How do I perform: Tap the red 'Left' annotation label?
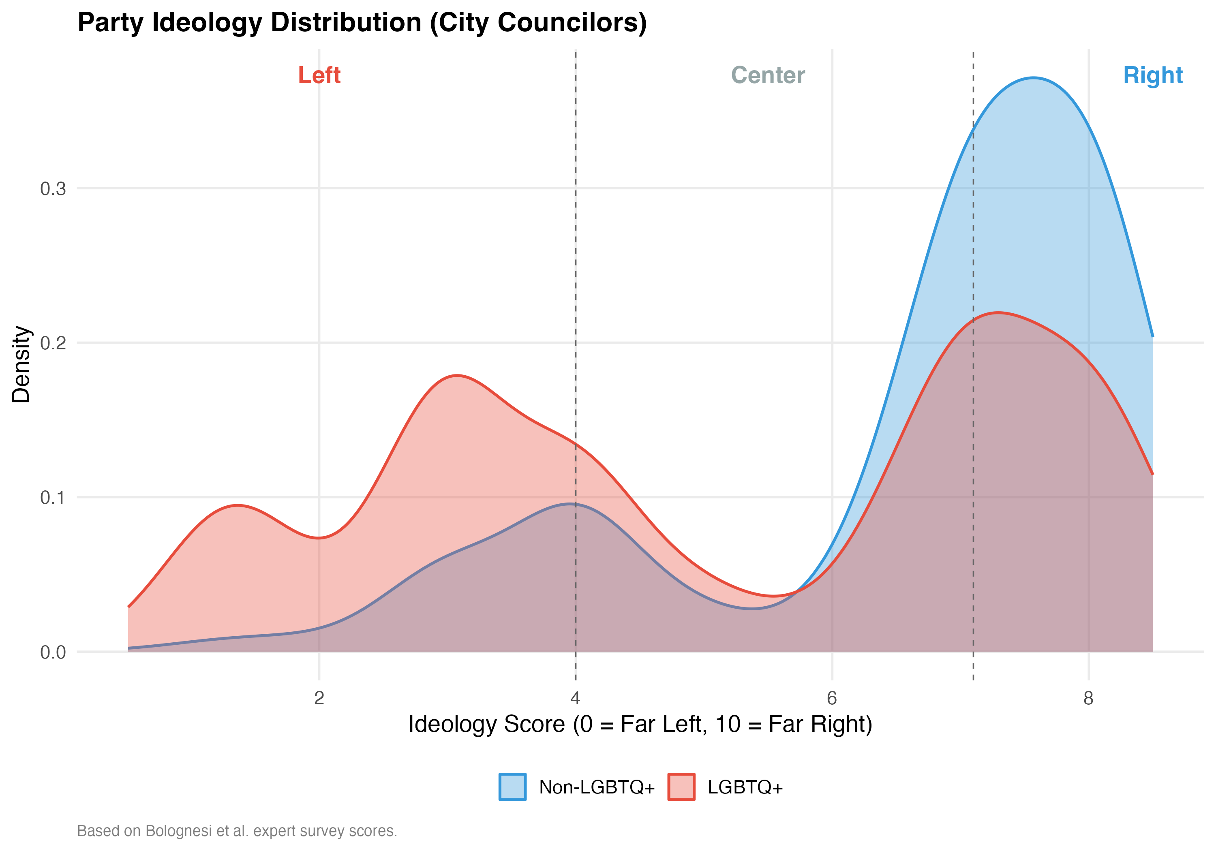point(319,75)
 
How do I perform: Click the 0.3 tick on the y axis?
point(53,188)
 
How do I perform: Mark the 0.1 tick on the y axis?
point(53,498)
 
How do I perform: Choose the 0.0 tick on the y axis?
point(53,652)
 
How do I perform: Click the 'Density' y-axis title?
point(21,364)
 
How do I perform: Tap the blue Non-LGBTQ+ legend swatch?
point(512,787)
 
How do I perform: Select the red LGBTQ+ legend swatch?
point(681,787)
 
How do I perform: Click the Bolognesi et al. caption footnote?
point(237,831)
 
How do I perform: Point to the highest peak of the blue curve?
point(1033,78)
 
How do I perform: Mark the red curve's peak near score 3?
point(456,376)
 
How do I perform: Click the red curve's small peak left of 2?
point(238,505)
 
